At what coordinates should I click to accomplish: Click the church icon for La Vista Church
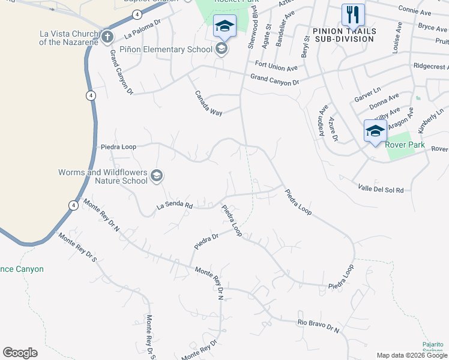click(107, 37)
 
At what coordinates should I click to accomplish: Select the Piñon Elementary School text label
click(166, 49)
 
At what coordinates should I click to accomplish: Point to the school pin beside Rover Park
click(375, 131)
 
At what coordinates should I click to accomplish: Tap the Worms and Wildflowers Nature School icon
click(156, 175)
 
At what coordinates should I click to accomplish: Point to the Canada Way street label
click(208, 104)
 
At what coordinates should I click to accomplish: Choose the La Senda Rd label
click(174, 206)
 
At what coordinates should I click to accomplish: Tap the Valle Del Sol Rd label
click(381, 189)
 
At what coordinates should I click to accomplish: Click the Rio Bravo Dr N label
click(319, 326)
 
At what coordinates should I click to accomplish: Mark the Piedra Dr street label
click(206, 242)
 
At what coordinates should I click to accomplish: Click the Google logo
click(20, 353)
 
